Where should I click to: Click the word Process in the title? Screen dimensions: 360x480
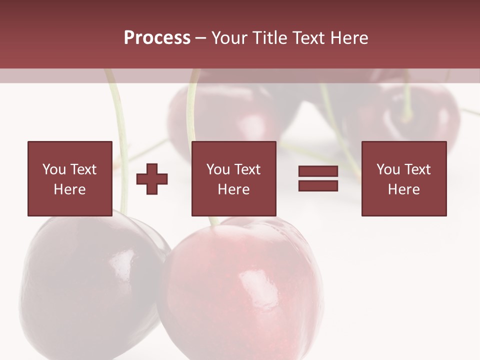click(157, 37)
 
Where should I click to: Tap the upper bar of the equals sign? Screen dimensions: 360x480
click(318, 171)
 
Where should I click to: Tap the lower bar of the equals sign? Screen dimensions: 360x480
click(318, 185)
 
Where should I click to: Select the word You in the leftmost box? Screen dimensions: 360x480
click(54, 169)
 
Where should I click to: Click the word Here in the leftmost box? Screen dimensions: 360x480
click(69, 189)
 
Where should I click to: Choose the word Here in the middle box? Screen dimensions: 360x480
click(233, 189)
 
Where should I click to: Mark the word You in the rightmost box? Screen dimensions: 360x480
click(388, 169)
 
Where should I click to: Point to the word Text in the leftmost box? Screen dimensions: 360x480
click(83, 169)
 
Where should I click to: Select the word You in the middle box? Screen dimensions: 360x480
click(218, 169)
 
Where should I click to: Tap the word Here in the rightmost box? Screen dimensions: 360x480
click(403, 189)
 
